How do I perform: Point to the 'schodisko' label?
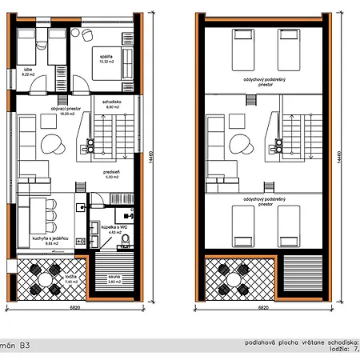click(112, 105)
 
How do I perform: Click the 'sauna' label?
click(114, 280)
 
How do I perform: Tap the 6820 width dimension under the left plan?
click(74, 307)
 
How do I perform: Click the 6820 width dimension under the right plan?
click(263, 307)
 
